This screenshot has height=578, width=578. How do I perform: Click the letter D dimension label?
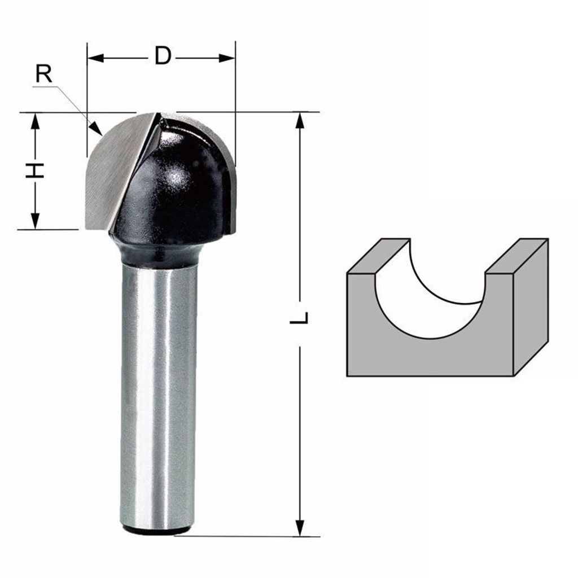[163, 56]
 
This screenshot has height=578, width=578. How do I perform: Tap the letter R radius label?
[44, 73]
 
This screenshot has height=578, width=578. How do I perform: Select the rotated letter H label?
[34, 170]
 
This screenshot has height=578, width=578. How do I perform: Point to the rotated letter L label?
[299, 317]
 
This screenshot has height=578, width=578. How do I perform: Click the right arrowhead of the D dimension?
[227, 58]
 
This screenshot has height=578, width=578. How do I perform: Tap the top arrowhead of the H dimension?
[35, 121]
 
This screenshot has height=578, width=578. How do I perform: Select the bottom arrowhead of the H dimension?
[35, 221]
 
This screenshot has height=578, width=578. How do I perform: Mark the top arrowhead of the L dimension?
[300, 120]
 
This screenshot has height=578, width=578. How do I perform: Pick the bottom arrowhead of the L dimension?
[300, 528]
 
